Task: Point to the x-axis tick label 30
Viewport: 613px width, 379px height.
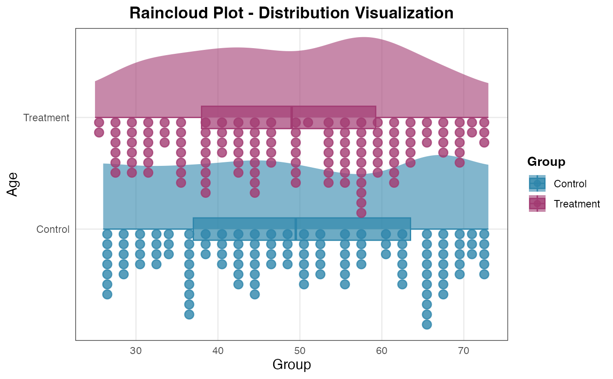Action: [136, 351]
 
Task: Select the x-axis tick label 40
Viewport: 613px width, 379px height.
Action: [218, 351]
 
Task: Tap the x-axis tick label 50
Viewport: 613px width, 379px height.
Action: [300, 351]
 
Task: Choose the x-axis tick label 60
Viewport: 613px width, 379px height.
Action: [382, 351]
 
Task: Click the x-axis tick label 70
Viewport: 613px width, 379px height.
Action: [464, 351]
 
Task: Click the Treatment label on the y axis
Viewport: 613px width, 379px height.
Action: [46, 118]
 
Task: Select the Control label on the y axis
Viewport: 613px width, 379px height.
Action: [53, 229]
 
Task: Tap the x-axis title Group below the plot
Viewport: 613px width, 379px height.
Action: [292, 365]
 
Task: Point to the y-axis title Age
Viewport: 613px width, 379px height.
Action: [14, 184]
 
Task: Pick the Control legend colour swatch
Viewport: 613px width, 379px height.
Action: [537, 183]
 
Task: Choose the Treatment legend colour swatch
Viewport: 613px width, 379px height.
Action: [537, 204]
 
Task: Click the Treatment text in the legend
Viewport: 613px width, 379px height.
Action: [576, 204]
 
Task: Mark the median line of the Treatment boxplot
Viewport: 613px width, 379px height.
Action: [292, 117]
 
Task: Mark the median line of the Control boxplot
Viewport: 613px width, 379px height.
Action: [296, 229]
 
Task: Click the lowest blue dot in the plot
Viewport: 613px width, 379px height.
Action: [427, 324]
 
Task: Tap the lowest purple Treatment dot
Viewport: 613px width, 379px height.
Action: [361, 213]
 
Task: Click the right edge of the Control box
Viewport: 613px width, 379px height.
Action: [410, 229]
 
